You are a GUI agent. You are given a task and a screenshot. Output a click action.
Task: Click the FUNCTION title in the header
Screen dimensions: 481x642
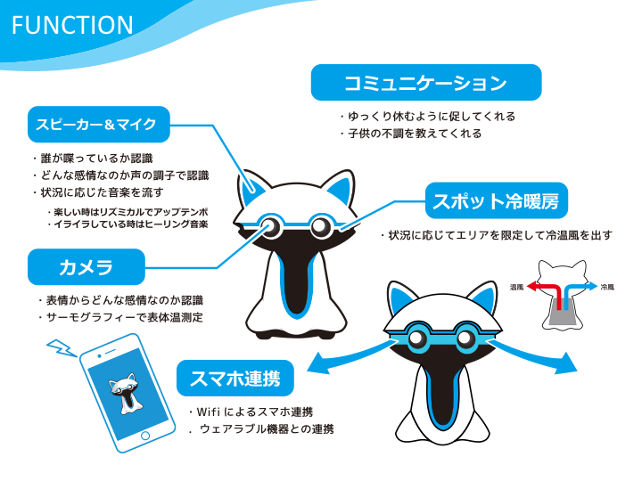point(72,24)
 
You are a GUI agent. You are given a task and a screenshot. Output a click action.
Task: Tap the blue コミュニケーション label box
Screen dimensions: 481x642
point(425,83)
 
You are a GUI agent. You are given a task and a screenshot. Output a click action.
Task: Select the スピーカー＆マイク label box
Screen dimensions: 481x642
point(98,125)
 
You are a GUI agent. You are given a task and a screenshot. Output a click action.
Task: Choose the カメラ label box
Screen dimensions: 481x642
point(86,266)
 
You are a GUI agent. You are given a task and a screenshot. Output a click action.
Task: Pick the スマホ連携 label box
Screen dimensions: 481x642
point(235,379)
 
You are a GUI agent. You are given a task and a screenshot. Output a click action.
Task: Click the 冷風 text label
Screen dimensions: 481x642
point(607,288)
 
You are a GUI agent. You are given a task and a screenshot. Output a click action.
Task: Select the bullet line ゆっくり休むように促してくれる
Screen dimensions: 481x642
point(429,116)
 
